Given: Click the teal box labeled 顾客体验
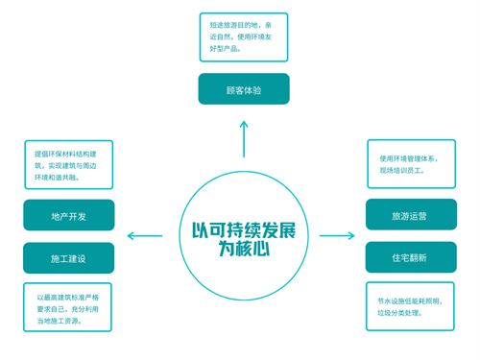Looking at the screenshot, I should (x=244, y=89).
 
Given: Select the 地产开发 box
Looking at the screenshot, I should (x=68, y=216).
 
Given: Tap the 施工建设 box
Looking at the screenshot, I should (x=68, y=258).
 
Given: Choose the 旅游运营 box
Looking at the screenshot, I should (x=410, y=216).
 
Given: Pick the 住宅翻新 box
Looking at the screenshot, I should (x=410, y=257).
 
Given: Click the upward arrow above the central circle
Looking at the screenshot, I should (x=244, y=138).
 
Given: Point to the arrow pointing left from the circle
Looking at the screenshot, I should (x=145, y=235).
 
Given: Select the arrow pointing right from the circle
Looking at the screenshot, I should (x=337, y=235).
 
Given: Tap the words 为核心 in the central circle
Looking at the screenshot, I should (x=243, y=250).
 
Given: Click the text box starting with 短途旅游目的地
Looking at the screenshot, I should (x=243, y=36).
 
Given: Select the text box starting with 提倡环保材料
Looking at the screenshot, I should (x=68, y=165).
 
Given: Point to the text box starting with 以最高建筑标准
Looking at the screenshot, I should (x=67, y=308).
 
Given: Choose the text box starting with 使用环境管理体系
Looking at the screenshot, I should (x=411, y=164).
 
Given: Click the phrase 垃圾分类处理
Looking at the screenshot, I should (x=400, y=314).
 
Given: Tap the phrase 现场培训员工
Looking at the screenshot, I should (x=402, y=171).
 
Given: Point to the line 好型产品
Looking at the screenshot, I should (x=227, y=48).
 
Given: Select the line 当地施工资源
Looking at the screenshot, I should (x=60, y=321).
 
